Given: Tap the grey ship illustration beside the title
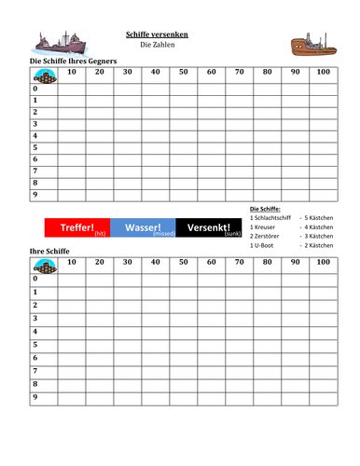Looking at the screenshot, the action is click(60, 43).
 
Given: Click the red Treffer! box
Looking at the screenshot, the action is click(77, 227).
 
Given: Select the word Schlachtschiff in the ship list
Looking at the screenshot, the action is click(277, 217).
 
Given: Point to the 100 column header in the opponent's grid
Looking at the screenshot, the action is click(324, 72).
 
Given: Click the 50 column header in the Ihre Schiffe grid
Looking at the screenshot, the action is click(183, 263).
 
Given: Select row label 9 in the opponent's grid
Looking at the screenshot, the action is click(35, 196).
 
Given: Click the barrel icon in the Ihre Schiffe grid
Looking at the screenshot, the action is click(44, 277).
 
